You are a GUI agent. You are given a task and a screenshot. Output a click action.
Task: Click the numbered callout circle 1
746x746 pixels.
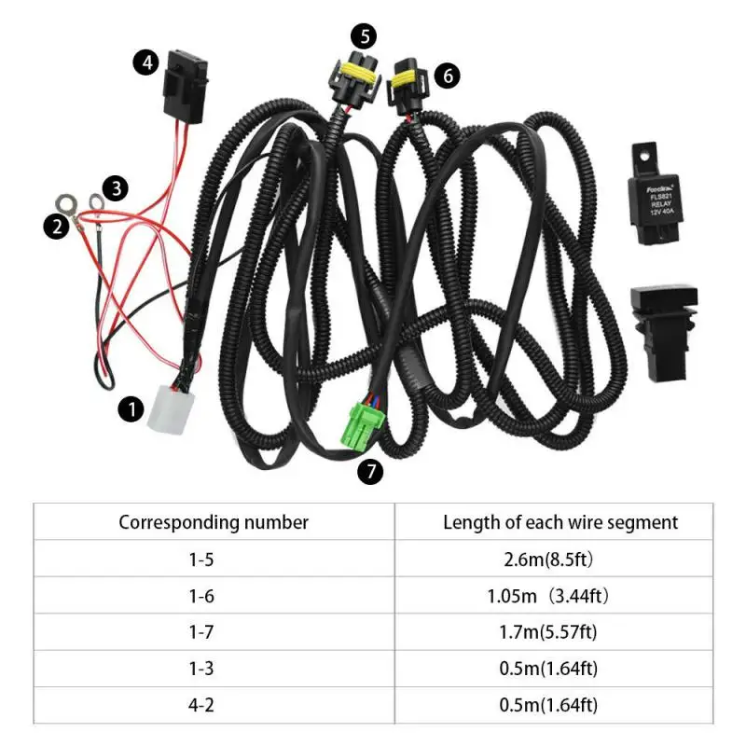pyautogui.click(x=131, y=408)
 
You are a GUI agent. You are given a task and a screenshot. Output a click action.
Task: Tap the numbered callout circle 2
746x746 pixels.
pyautogui.click(x=57, y=226)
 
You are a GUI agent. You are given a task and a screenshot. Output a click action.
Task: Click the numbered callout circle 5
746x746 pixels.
pyautogui.click(x=365, y=36)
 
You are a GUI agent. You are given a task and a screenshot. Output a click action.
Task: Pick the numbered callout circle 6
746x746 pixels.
pyautogui.click(x=448, y=76)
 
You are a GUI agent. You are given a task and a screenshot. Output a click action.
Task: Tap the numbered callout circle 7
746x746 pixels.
pyautogui.click(x=370, y=472)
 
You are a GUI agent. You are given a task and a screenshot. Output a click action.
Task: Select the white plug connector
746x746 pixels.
pyautogui.click(x=171, y=408)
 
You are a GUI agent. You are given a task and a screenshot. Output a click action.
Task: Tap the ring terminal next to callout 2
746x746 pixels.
pyautogui.click(x=67, y=200)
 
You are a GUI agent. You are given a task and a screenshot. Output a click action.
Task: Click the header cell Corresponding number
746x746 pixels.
pyautogui.click(x=214, y=522)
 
